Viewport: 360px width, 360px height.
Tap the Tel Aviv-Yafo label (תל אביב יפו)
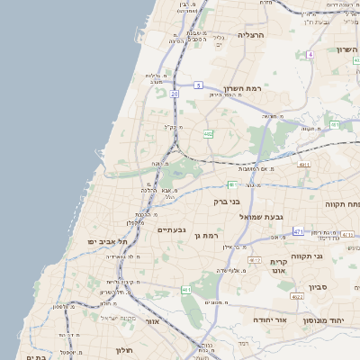[106, 242]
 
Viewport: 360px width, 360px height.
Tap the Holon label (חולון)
[123, 349]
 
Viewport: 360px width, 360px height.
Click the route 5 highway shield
[197, 85]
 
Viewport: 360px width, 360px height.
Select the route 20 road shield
[175, 119]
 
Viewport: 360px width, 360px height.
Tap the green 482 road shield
[209, 134]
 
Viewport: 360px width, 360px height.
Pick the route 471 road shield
[298, 231]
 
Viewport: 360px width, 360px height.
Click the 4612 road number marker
[255, 259]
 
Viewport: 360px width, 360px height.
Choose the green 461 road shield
[186, 289]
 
